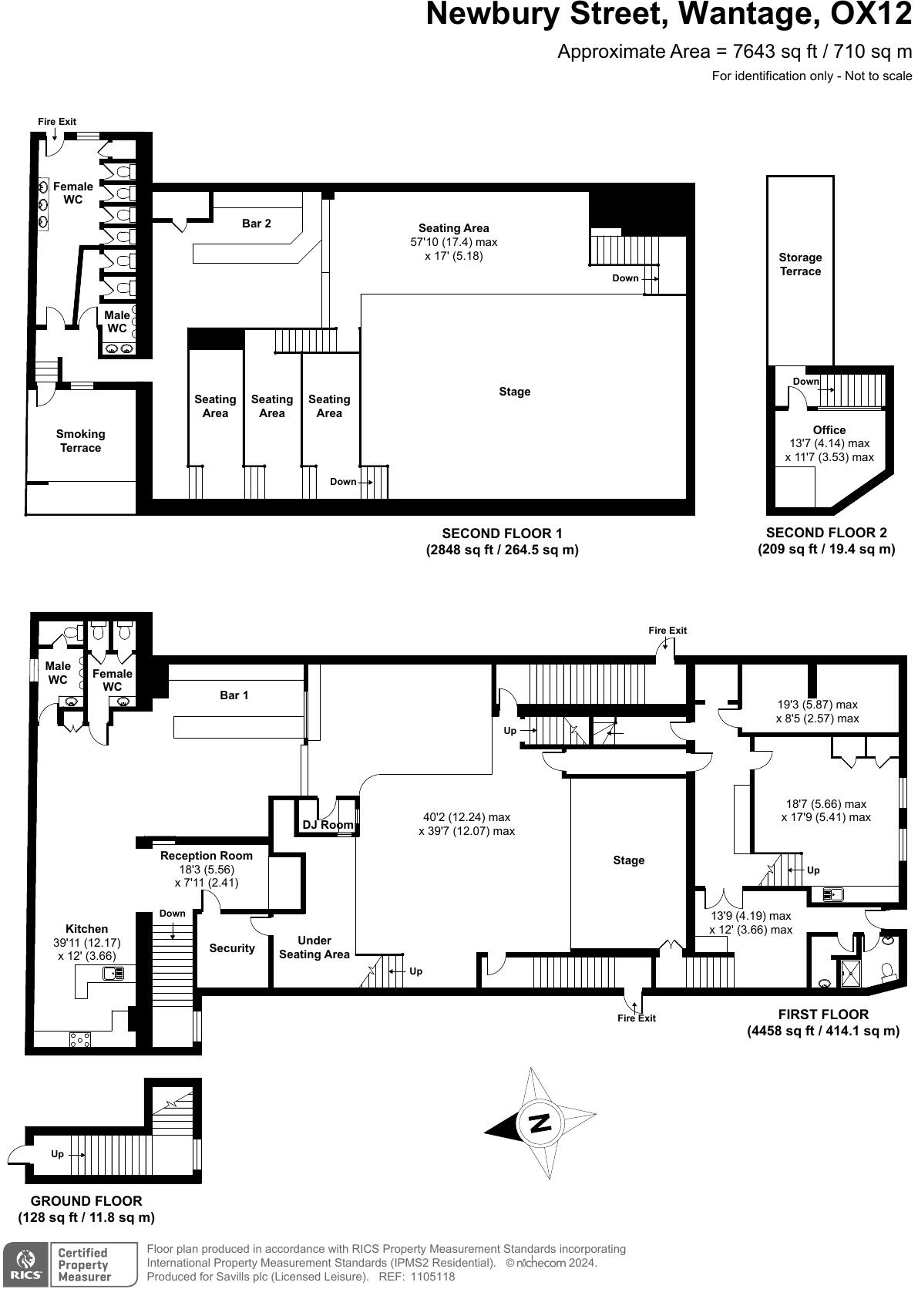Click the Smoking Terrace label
pos(80,441)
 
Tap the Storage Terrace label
pos(800,264)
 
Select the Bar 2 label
pos(257,224)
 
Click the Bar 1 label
pos(234,695)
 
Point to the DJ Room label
pos(328,825)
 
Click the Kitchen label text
pos(86,929)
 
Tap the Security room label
pos(232,948)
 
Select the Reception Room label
pos(206,856)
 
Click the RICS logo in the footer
pos(25,1264)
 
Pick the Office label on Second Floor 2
pos(829,430)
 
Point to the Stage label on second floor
pos(514,392)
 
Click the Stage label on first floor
pos(628,860)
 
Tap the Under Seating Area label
pos(314,947)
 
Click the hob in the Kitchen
pos(80,1039)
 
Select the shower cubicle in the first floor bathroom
pos(851,973)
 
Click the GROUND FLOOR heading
pos(86,1200)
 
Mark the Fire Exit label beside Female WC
pos(57,122)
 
